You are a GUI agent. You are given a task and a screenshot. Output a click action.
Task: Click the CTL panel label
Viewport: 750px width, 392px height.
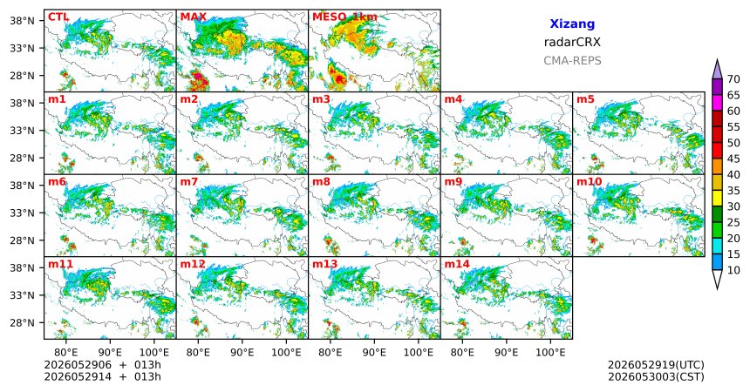(x=58, y=17)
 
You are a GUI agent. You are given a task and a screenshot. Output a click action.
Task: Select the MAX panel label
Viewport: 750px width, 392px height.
(x=194, y=17)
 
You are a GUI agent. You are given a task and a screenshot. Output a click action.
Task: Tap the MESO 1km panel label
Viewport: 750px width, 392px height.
(x=344, y=17)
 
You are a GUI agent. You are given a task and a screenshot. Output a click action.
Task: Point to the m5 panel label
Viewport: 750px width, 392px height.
(x=585, y=100)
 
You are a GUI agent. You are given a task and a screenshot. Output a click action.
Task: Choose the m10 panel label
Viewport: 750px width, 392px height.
(x=589, y=182)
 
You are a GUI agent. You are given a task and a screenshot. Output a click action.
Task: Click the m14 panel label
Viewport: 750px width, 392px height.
(x=457, y=264)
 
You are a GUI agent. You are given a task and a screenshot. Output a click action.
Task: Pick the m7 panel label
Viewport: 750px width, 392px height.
(x=189, y=182)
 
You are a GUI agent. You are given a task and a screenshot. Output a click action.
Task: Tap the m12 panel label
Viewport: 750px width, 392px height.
(x=192, y=264)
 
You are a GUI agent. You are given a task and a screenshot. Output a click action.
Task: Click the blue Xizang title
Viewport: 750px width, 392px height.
(x=572, y=24)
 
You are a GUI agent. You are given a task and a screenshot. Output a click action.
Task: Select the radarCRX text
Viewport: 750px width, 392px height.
(x=572, y=43)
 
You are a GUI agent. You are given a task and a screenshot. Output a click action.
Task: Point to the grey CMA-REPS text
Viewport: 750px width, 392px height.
(x=572, y=61)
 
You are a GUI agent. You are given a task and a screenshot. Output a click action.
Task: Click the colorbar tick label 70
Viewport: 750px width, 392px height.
(x=733, y=79)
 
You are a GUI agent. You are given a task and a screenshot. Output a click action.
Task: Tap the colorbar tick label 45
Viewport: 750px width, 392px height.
(x=733, y=159)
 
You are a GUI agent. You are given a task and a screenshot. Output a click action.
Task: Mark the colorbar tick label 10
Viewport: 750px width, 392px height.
(x=733, y=270)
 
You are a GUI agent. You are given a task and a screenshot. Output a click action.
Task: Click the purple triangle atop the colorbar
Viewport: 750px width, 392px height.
(x=717, y=69)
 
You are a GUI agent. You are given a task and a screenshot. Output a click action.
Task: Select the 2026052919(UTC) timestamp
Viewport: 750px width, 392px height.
(x=656, y=365)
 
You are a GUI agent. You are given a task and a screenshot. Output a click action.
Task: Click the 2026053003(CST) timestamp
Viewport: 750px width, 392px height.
(x=656, y=377)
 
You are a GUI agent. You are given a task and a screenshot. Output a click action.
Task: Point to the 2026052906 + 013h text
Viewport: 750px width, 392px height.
(x=102, y=365)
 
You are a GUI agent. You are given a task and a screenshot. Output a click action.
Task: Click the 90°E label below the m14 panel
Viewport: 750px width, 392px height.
(x=507, y=353)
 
